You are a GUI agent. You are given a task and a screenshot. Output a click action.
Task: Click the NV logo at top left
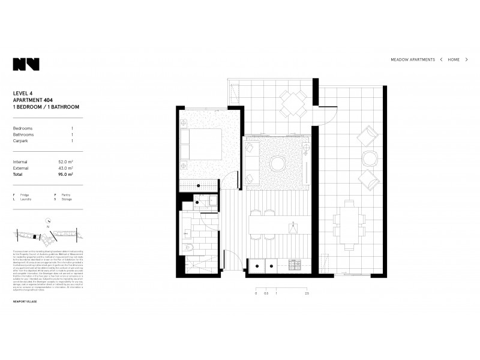pyautogui.click(x=26, y=64)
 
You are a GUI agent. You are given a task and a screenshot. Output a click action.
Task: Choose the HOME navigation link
pyautogui.click(x=454, y=60)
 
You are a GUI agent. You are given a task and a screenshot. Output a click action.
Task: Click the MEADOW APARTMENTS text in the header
pyautogui.click(x=413, y=60)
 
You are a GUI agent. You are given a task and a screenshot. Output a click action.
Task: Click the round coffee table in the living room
pyautogui.click(x=279, y=163)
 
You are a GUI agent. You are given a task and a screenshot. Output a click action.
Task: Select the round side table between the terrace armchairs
pyautogui.click(x=370, y=159)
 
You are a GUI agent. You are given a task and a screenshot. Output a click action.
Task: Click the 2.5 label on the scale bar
pyautogui.click(x=307, y=293)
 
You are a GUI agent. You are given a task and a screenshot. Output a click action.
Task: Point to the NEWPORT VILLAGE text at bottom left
pyautogui.click(x=25, y=301)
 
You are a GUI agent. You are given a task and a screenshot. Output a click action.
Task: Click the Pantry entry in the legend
pyautogui.click(x=64, y=195)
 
